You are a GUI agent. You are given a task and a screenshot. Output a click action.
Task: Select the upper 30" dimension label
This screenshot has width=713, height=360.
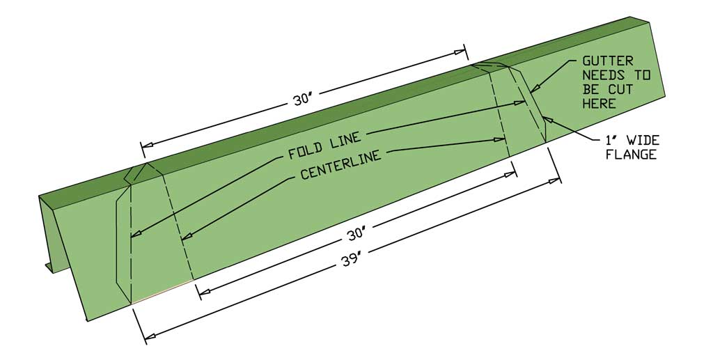point(301,99)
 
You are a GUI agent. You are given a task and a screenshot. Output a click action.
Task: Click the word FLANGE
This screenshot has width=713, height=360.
point(631,155)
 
